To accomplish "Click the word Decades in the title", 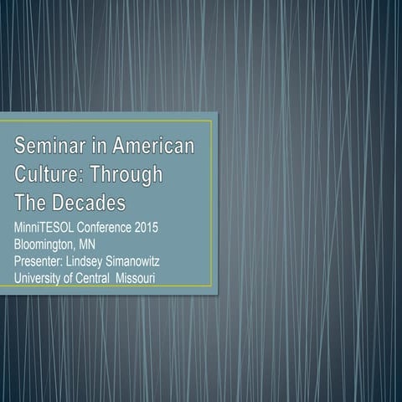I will (x=86, y=204).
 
